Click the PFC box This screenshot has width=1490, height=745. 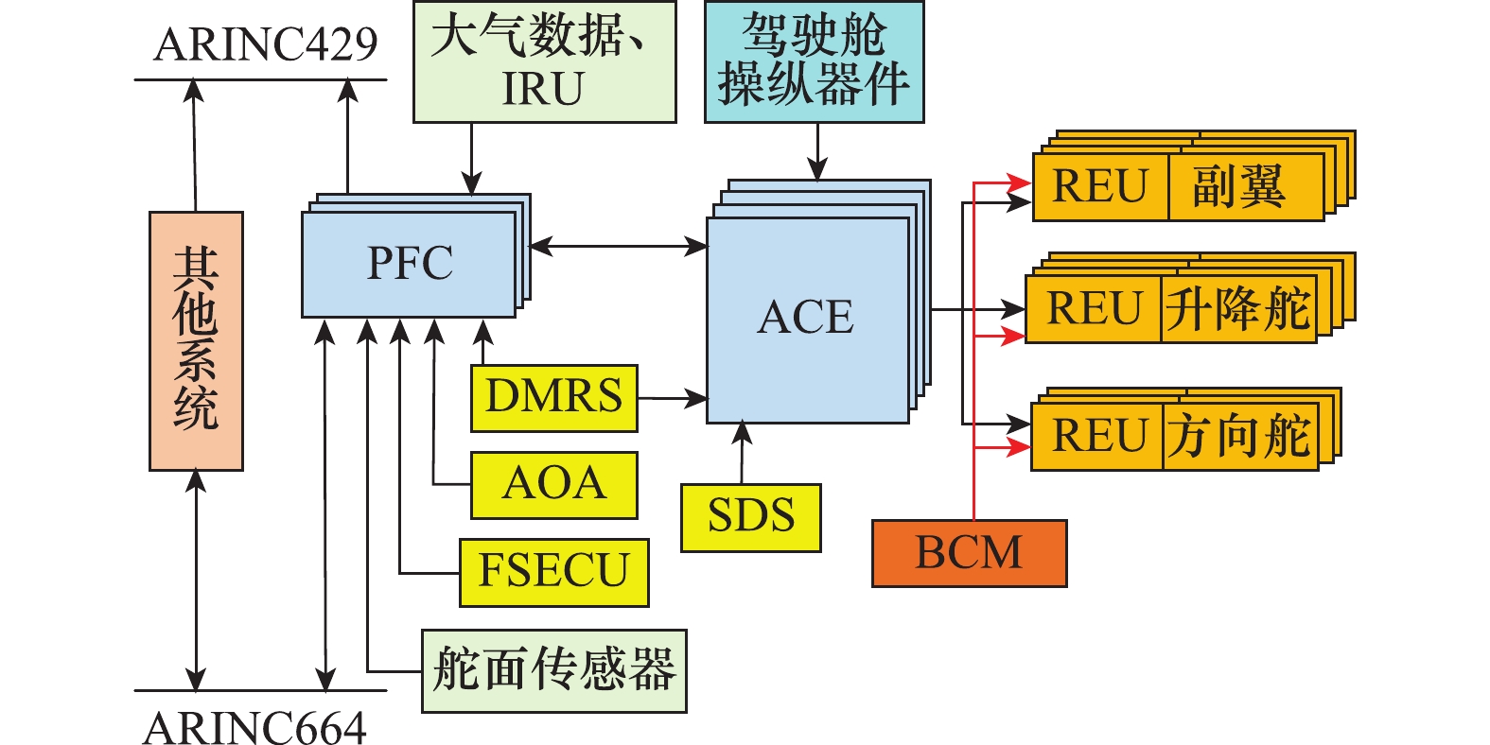tap(409, 264)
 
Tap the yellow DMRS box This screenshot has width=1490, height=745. tap(553, 397)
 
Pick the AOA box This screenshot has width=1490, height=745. tap(553, 484)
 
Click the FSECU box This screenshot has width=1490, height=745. tap(553, 572)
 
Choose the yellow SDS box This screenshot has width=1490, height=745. tap(750, 517)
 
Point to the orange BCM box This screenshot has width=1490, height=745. tap(969, 553)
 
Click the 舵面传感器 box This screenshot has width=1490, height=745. tap(553, 670)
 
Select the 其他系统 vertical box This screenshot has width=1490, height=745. tap(196, 340)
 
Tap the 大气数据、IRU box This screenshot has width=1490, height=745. tap(544, 62)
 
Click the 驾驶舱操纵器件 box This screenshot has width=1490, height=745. tap(814, 62)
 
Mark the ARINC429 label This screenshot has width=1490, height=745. tap(266, 44)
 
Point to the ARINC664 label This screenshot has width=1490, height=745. tap(255, 728)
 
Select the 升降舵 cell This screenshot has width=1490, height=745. tap(1237, 309)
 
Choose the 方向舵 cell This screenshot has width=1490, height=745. tap(1239, 436)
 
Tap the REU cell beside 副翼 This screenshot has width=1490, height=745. tap(1100, 187)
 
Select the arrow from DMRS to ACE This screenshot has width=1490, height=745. tap(672, 399)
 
